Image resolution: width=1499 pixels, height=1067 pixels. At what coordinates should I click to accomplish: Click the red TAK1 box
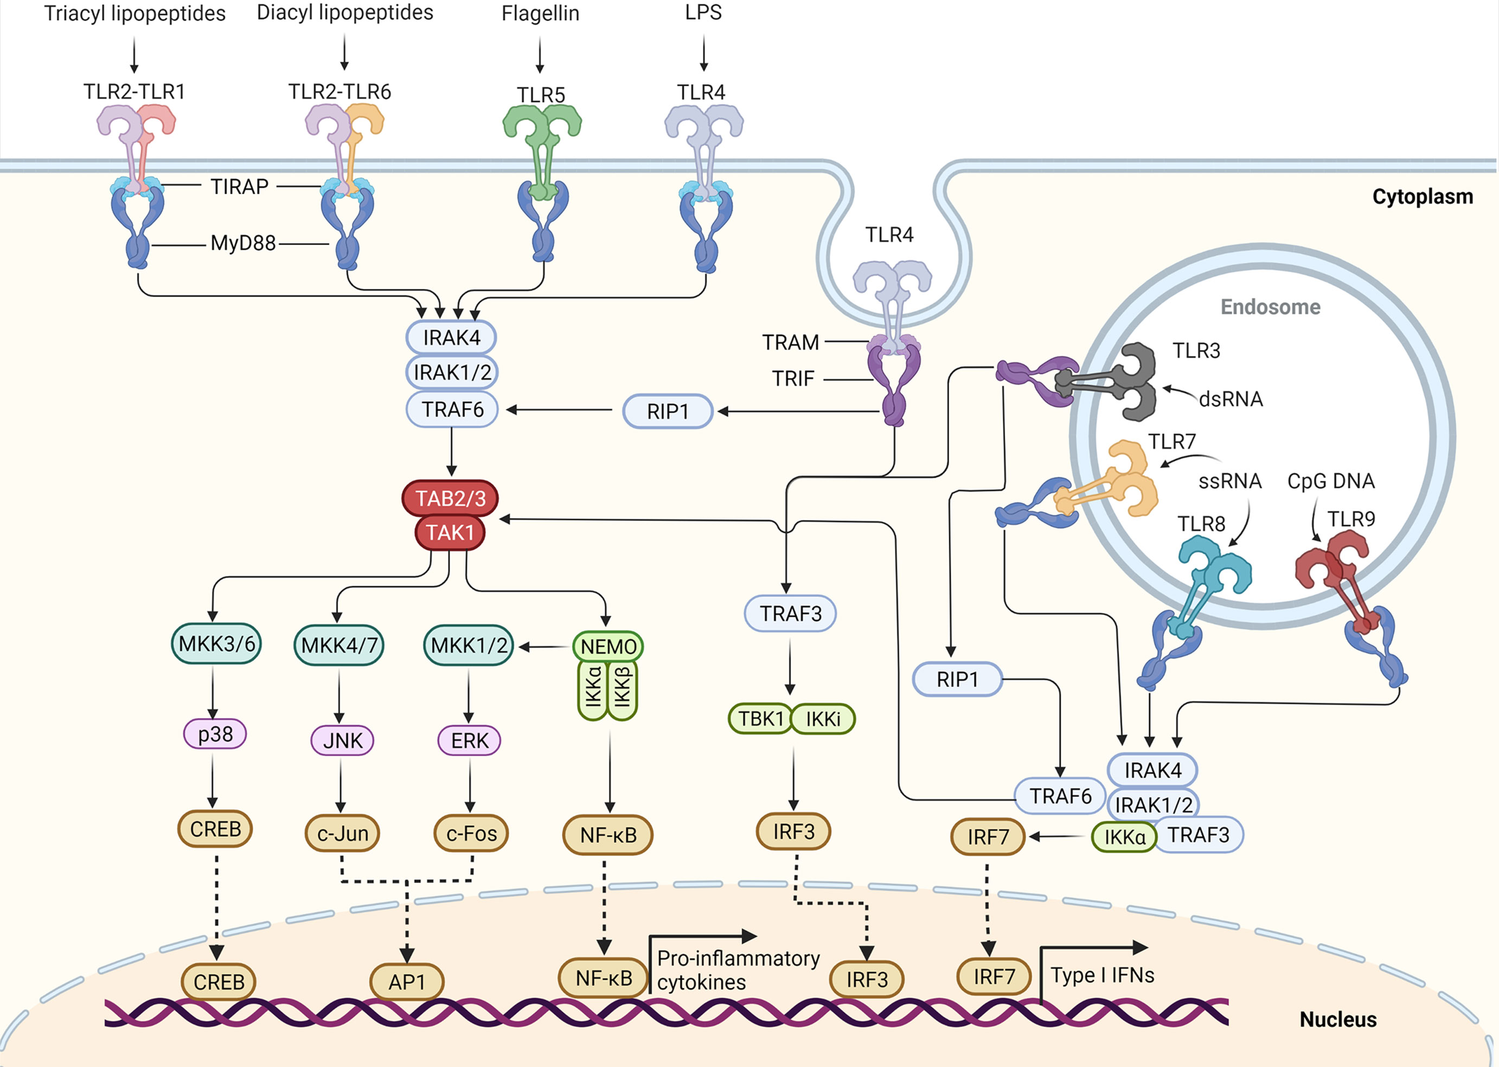tap(450, 532)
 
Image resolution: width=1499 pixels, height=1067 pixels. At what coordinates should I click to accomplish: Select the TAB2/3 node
tap(450, 499)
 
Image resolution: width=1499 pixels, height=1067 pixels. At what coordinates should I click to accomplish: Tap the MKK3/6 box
tap(216, 644)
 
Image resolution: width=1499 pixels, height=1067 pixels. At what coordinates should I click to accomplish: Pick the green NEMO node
tap(607, 647)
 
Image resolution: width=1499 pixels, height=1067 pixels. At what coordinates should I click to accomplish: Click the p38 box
tap(215, 734)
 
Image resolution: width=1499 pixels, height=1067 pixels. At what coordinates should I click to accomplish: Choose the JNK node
tap(342, 740)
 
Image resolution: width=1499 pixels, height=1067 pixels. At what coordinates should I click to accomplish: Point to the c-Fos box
tap(471, 834)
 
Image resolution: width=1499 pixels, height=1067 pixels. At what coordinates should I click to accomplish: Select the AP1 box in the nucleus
tap(407, 982)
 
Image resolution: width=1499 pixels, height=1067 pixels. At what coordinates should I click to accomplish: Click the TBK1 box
tap(760, 719)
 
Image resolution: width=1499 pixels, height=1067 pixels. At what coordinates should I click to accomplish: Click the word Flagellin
tap(540, 14)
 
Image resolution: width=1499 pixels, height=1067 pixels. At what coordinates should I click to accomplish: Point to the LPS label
tap(703, 12)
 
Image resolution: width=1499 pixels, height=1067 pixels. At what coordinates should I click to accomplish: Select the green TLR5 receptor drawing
tap(542, 151)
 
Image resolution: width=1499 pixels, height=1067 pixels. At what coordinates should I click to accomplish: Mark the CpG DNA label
tap(1330, 482)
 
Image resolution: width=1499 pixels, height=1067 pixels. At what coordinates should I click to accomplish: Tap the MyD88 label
tap(242, 244)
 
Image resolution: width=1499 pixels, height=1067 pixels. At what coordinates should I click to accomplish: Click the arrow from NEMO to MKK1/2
tap(544, 647)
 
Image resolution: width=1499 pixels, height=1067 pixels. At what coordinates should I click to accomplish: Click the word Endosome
tap(1270, 307)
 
